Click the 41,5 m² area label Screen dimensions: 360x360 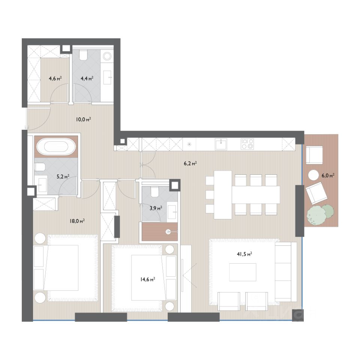[x=244, y=254]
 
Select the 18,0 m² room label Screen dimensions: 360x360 [x=77, y=221]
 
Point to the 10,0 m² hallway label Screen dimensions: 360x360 [x=84, y=119]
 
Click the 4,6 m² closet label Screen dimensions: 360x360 [x=55, y=78]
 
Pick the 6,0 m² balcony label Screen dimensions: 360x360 [x=328, y=175]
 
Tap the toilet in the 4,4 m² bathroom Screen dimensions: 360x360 [x=83, y=55]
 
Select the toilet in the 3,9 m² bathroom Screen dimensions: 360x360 [x=155, y=192]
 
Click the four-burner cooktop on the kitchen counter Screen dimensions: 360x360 [x=247, y=144]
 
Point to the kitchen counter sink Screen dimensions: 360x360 [x=221, y=144]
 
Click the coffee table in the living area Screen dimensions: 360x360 [x=243, y=272]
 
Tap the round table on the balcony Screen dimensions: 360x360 [x=313, y=175]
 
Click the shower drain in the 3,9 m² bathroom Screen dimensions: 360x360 [x=169, y=232]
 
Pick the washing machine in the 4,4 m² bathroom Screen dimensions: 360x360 [x=107, y=56]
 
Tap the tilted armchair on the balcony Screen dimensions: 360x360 [x=316, y=193]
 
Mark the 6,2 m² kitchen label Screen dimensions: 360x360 [x=190, y=163]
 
